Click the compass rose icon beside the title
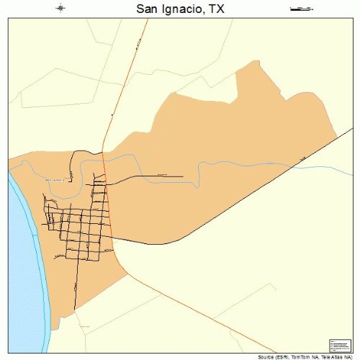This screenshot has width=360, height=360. (x=60, y=9)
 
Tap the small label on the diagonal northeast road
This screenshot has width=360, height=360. (x=304, y=158)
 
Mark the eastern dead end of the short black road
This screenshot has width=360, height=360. (x=183, y=176)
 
